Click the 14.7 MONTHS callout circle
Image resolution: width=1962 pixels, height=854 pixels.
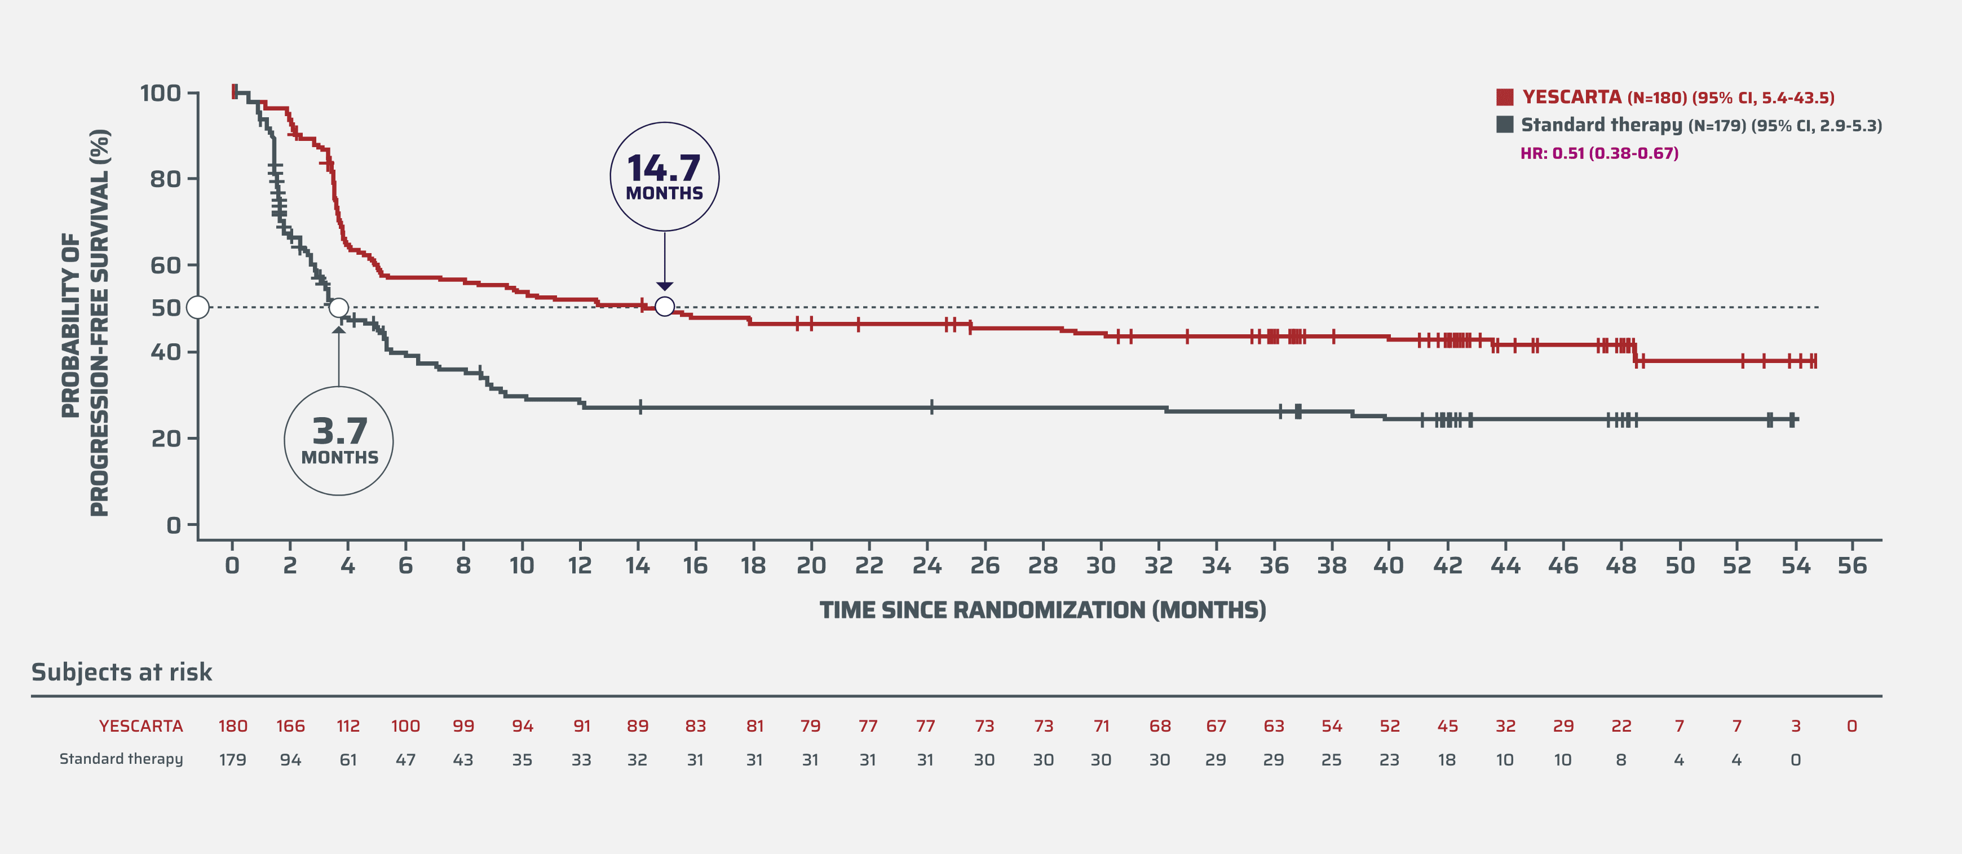(x=664, y=177)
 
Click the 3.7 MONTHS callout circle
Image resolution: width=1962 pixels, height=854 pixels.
(x=339, y=441)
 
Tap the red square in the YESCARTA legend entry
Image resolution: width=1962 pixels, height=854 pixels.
(x=1504, y=98)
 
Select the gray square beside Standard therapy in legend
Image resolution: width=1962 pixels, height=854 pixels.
(x=1504, y=125)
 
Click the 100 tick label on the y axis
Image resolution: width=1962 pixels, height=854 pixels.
(x=161, y=94)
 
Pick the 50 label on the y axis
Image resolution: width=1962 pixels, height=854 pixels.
(x=165, y=308)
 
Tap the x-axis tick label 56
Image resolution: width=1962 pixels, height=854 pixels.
(x=1852, y=565)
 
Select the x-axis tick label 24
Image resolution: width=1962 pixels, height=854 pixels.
(x=927, y=565)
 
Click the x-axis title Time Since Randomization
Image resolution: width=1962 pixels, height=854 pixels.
(x=1042, y=610)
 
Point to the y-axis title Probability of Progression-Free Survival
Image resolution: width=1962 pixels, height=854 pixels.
(x=85, y=324)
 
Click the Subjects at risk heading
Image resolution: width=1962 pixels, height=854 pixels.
(x=122, y=672)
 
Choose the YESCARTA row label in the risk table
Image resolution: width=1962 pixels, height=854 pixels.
(x=141, y=726)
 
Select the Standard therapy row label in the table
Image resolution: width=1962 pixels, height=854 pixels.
(x=121, y=759)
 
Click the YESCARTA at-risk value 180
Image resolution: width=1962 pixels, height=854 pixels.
(x=232, y=726)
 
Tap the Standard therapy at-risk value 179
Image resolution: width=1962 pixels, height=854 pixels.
(x=232, y=759)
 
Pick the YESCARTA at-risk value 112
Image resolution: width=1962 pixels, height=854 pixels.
(x=348, y=726)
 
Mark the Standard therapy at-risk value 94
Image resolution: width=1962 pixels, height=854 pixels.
(x=290, y=759)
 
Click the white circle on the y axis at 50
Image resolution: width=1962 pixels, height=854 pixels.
(x=198, y=307)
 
